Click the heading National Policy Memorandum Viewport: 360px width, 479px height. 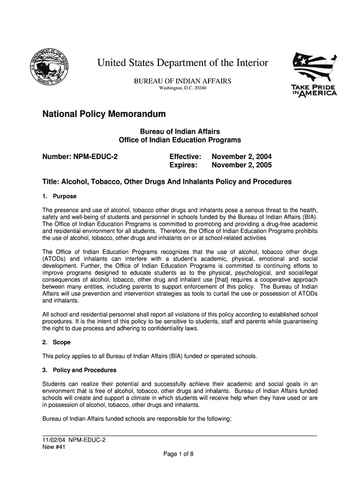pos(104,114)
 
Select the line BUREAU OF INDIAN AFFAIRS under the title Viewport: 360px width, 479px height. pos(183,81)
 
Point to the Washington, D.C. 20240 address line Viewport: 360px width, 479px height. pos(183,88)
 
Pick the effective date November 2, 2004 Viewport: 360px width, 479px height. pos(241,157)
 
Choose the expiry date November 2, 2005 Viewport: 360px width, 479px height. pos(241,166)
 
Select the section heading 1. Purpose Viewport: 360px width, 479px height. pos(59,196)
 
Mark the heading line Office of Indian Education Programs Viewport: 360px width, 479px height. pos(180,140)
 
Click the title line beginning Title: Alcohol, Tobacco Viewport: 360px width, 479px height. pos(166,181)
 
